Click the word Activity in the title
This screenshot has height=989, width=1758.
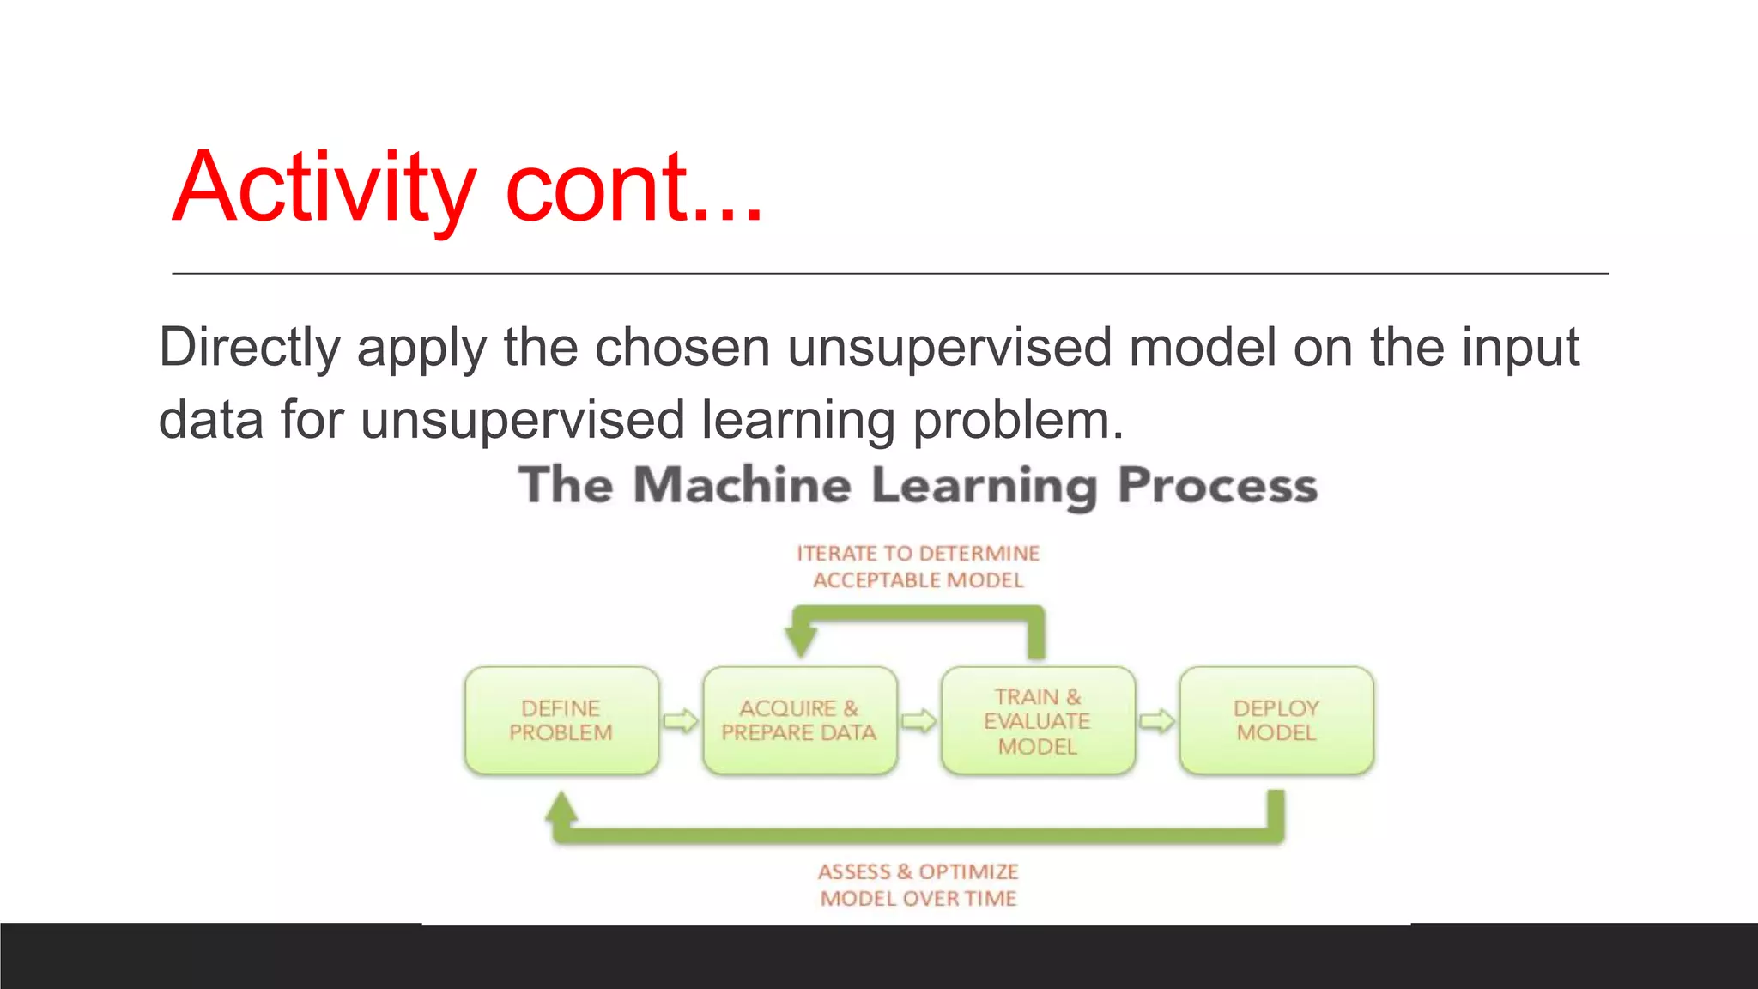tap(323, 187)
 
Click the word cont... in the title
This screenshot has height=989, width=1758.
tap(633, 187)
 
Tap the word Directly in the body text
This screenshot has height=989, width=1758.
tap(250, 348)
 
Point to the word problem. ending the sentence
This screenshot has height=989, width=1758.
tap(1017, 421)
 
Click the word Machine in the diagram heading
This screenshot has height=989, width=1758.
tap(743, 485)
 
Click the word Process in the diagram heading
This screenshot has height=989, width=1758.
tap(1217, 485)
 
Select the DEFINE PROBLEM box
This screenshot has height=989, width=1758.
tap(561, 720)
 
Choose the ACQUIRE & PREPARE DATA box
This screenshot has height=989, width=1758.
tap(799, 720)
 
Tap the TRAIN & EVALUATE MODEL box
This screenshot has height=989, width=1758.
tap(1037, 720)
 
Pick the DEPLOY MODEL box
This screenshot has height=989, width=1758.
tap(1276, 720)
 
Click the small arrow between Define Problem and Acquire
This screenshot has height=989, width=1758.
tap(681, 720)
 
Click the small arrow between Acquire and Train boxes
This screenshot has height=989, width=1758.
tap(918, 720)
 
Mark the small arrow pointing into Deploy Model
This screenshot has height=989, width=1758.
tap(1157, 720)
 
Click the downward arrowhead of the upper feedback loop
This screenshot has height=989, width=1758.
tap(801, 642)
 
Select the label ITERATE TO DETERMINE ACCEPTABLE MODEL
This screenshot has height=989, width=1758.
tap(918, 567)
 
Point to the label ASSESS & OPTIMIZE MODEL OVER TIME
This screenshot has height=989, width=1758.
tap(918, 884)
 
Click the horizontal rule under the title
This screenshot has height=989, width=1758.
tap(889, 274)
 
